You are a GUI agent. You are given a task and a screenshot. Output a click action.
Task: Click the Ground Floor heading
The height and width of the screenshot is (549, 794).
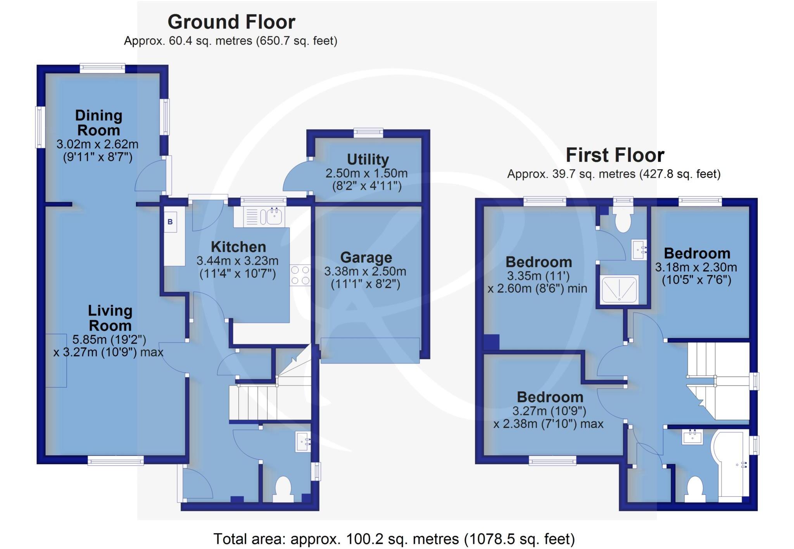click(231, 22)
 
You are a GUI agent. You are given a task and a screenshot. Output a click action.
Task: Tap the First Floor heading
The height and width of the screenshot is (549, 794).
click(615, 155)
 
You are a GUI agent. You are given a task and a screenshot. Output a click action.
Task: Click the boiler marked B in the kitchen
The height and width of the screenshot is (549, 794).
click(170, 222)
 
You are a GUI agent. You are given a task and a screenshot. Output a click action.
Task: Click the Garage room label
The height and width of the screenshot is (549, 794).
click(366, 258)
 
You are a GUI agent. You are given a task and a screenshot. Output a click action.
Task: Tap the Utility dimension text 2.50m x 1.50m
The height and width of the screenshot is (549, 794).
click(366, 173)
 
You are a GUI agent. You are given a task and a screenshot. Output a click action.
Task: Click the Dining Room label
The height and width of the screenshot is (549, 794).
click(98, 122)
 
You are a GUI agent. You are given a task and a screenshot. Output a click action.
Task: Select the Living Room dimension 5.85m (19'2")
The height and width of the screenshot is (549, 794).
click(109, 339)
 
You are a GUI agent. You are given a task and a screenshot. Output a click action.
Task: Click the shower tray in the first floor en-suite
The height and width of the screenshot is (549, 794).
click(619, 289)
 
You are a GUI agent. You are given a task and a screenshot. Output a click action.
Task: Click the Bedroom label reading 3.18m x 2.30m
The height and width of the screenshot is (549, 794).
click(697, 267)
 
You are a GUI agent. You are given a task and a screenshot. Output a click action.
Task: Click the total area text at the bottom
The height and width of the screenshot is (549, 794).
click(394, 539)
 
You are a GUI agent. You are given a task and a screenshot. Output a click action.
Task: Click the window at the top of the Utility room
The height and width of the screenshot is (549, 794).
click(368, 133)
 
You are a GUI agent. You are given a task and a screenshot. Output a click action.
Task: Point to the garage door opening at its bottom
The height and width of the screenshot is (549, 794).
click(370, 350)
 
